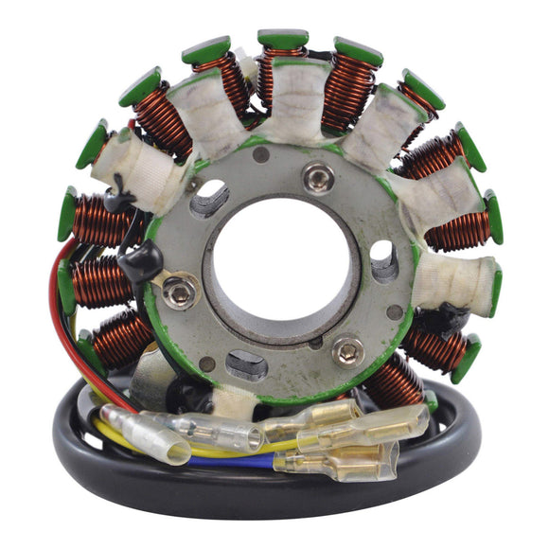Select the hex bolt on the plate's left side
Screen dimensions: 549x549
(x=180, y=292)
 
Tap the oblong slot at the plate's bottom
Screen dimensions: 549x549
(x=248, y=363)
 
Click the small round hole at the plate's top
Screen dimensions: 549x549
(x=261, y=155)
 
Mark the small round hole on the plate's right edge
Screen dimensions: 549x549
(x=395, y=311)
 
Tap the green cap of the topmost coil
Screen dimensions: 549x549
(x=282, y=40)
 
